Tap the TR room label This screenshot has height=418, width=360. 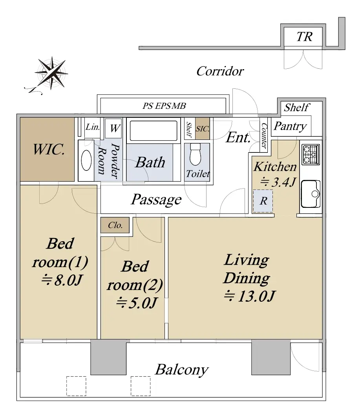point(304,37)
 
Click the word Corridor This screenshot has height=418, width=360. point(220,71)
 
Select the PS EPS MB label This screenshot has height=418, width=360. point(164,106)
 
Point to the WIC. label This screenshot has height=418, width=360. point(49,149)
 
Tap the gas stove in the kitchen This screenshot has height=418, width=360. point(311,154)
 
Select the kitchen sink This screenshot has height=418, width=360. point(311,194)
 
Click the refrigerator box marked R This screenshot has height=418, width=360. point(263,201)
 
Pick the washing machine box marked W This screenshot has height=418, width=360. point(114,128)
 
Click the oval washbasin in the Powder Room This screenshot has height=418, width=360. point(86,160)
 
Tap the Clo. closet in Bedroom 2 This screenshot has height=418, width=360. point(115,225)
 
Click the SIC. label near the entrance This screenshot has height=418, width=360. point(203,129)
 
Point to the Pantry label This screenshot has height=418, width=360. point(290,126)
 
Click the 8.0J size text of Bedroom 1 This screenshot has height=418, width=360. point(61,280)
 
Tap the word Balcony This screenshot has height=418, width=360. point(182,370)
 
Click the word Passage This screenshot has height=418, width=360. point(156,200)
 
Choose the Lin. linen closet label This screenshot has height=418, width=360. point(93,127)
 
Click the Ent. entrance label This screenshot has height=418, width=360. point(238,138)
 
